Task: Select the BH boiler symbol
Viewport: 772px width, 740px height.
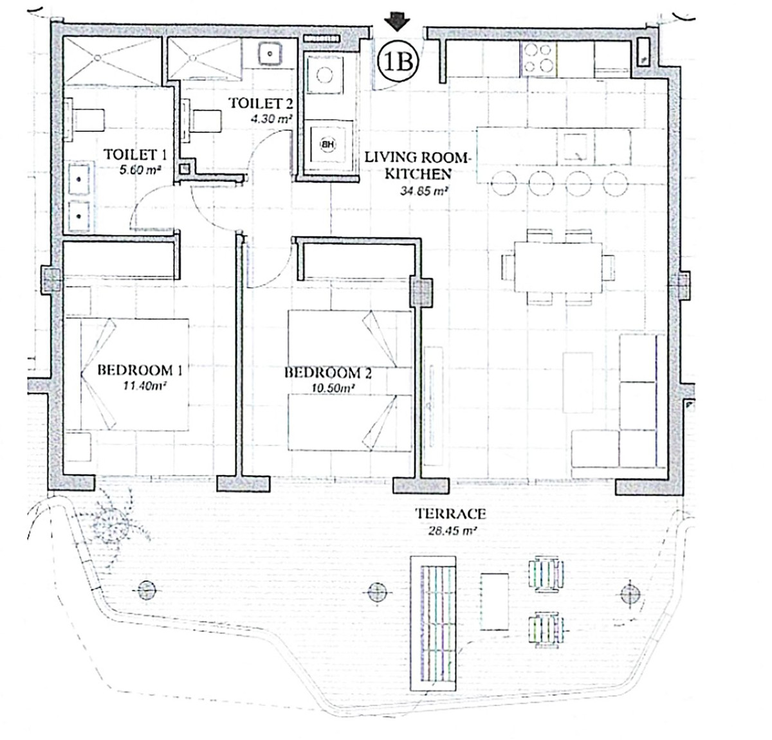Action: point(328,144)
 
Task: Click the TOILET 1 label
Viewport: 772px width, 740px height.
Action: point(135,154)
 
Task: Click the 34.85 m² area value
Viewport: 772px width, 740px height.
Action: point(425,190)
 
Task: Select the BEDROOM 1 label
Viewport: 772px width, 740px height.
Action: point(135,370)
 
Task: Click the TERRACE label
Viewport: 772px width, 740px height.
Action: point(450,514)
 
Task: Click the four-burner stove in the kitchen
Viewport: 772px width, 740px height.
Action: point(538,58)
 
